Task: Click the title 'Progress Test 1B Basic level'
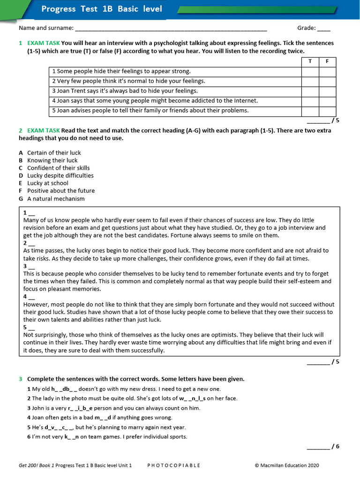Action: [x=102, y=9]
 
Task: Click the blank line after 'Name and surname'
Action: [x=171, y=29]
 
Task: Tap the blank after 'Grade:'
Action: [x=323, y=29]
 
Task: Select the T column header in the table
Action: [x=310, y=61]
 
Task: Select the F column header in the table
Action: [x=327, y=61]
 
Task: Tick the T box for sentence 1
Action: [x=310, y=71]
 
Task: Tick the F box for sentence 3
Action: [x=327, y=91]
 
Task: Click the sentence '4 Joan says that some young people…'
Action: [x=155, y=101]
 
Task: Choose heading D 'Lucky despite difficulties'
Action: [x=60, y=175]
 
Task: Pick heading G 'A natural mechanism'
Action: [x=56, y=198]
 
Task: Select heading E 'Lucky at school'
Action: [x=47, y=183]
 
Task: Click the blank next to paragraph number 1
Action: [x=31, y=213]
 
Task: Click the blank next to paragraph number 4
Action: [x=31, y=297]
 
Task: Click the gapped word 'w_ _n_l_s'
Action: [x=193, y=398]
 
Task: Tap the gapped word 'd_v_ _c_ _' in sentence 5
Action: [x=59, y=427]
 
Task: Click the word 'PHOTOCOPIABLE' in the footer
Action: [x=173, y=465]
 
